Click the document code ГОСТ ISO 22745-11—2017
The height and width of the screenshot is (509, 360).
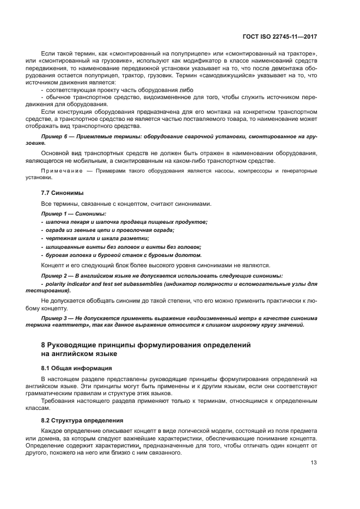click(280, 36)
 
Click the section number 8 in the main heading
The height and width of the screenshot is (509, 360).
click(44, 345)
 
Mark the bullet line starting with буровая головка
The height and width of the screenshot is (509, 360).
click(123, 255)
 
